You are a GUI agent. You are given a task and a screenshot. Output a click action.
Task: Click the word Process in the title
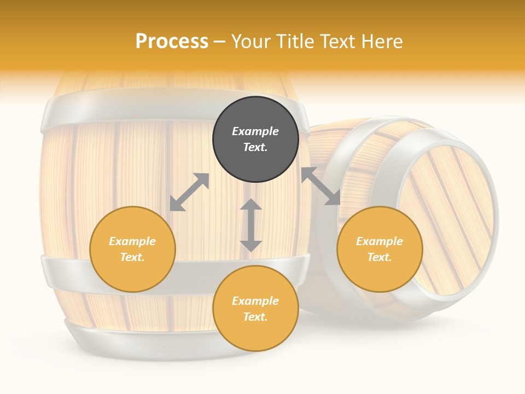(172, 42)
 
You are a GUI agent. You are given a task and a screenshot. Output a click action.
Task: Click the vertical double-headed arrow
(251, 225)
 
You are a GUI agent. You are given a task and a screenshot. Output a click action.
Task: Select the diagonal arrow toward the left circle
(189, 192)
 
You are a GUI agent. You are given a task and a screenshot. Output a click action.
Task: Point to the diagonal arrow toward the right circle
(320, 186)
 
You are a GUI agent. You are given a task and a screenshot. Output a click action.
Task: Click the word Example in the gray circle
(255, 131)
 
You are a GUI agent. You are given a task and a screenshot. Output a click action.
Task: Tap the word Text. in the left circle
(132, 257)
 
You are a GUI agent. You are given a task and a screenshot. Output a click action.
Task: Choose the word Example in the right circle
(380, 241)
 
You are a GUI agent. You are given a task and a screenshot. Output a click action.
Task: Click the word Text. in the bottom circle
(255, 317)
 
